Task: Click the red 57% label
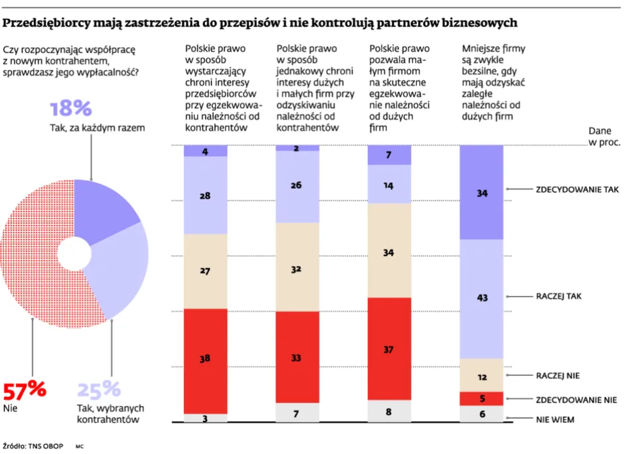(x=25, y=389)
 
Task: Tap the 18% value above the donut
(x=70, y=109)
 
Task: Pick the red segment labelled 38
(x=206, y=359)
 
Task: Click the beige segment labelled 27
(x=206, y=271)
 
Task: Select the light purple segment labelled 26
(x=297, y=187)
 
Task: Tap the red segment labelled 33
(x=297, y=357)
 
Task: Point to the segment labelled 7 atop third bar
(x=389, y=155)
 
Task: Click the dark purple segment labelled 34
(x=481, y=192)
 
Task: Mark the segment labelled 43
(x=481, y=299)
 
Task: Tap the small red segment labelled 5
(x=481, y=399)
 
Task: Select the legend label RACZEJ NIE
(x=557, y=376)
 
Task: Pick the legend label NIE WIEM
(x=555, y=419)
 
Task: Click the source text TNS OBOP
(x=45, y=446)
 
